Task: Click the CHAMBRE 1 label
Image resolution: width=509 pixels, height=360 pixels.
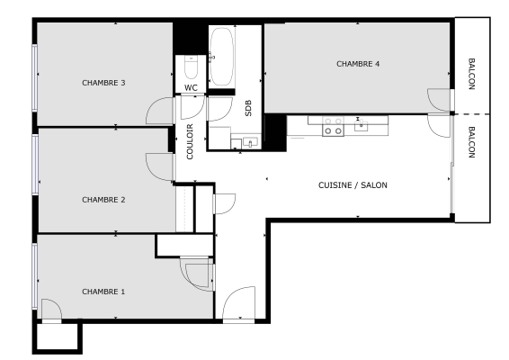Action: [x=103, y=292]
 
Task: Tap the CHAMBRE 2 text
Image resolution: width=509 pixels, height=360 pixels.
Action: [x=103, y=200]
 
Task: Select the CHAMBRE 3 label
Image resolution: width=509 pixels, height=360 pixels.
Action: [x=103, y=83]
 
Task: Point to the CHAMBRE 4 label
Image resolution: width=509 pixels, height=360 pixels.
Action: [x=358, y=64]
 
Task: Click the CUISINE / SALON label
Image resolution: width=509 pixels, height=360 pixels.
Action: [x=353, y=184]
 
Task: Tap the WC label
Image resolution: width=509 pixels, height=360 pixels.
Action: [x=191, y=87]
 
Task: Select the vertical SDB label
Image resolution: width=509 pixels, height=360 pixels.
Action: [x=248, y=108]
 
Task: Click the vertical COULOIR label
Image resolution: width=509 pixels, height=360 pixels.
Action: [x=190, y=141]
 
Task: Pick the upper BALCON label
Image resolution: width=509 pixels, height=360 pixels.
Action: [x=472, y=74]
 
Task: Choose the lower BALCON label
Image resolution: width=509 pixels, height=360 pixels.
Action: [x=472, y=142]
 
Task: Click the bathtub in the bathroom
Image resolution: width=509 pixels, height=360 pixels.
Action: [x=221, y=56]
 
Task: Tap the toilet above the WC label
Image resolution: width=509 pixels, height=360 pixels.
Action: [x=190, y=68]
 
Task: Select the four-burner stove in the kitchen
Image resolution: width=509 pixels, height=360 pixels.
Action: [x=333, y=126]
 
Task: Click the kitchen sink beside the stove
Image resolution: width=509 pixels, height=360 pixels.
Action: [x=361, y=125]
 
